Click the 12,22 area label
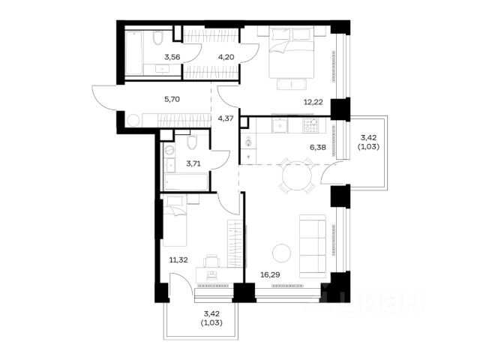(313, 102)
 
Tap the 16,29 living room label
(270, 275)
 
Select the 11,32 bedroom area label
(178, 260)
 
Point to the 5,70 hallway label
(172, 99)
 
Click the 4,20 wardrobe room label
(226, 57)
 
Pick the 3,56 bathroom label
(172, 57)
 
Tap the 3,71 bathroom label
(193, 163)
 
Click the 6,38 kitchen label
(318, 148)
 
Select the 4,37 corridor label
(226, 118)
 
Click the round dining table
(297, 175)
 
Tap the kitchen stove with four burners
(310, 125)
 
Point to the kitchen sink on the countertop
(280, 126)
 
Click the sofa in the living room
(313, 246)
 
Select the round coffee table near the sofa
(281, 253)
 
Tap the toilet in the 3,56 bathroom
(158, 38)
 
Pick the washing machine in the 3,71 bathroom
(169, 150)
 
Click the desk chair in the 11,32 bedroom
(211, 261)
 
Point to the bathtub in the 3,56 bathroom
(133, 52)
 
